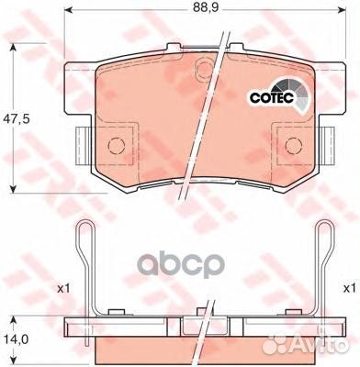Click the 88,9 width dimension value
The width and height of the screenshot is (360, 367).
(205, 7)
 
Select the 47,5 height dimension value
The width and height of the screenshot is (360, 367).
(16, 119)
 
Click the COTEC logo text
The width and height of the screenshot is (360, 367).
(272, 98)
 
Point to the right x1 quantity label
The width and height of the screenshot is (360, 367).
(349, 288)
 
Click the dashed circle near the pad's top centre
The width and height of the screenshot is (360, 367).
(205, 69)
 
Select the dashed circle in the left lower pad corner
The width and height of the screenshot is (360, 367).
(117, 145)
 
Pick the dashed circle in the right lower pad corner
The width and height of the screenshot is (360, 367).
(294, 145)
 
